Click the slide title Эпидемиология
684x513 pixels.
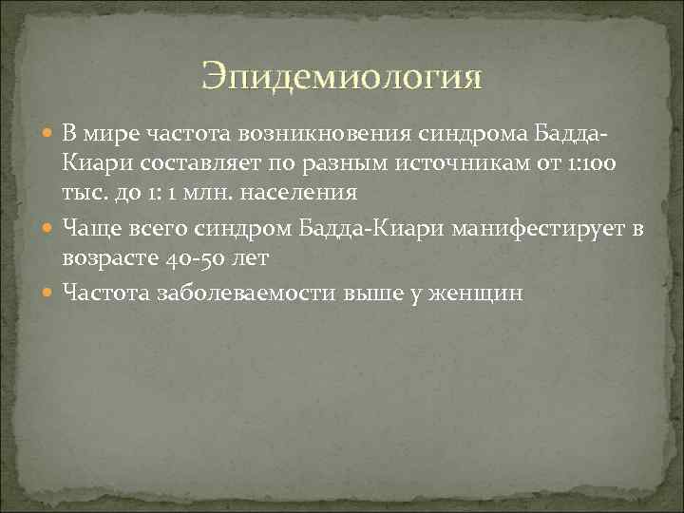(342, 76)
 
